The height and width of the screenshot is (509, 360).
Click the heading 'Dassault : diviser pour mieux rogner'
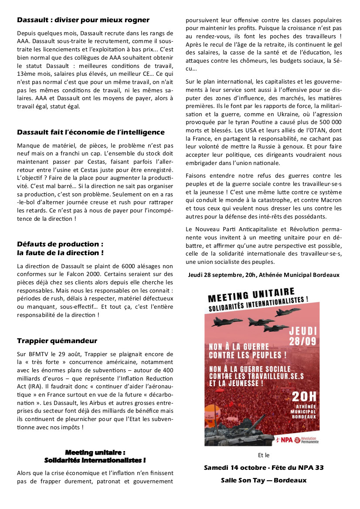83,20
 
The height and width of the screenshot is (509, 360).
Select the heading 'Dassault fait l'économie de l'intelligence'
91,132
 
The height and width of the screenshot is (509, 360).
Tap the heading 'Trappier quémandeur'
57,340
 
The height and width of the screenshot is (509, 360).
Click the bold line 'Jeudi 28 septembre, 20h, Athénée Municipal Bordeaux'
264,275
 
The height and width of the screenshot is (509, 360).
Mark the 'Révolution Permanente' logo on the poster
307,440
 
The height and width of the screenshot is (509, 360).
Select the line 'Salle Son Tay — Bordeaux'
264,480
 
